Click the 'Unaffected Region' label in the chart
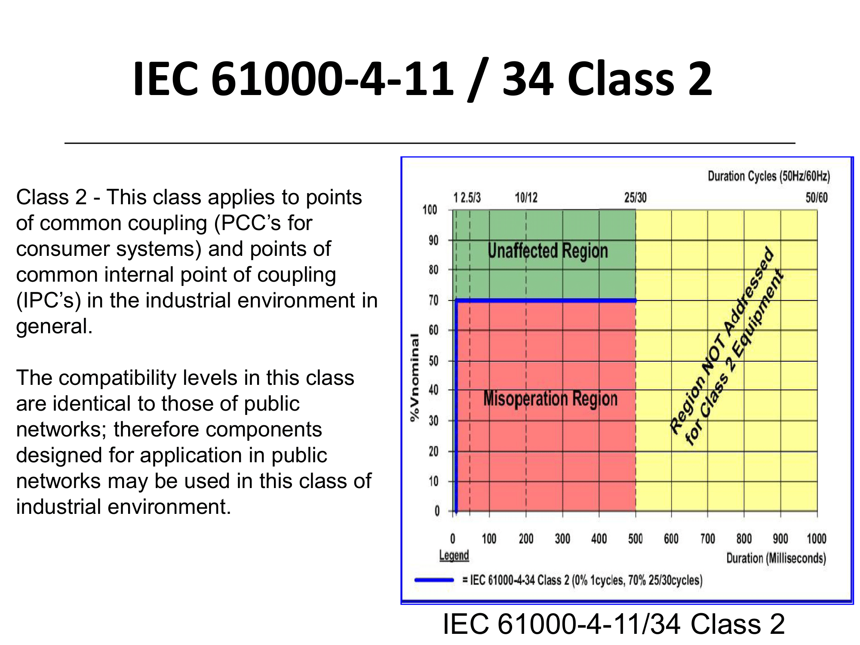[x=548, y=251]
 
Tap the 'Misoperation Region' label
[x=550, y=399]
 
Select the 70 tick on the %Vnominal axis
[x=433, y=300]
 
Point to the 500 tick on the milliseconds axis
[x=635, y=539]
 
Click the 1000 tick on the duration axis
[x=817, y=539]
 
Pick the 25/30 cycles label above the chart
[x=635, y=197]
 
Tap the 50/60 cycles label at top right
[x=817, y=197]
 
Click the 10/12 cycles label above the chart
[x=526, y=197]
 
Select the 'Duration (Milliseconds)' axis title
[x=776, y=558]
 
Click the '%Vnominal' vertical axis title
[x=415, y=378]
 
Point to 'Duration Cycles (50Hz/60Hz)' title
[x=769, y=176]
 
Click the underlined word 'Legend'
[x=454, y=555]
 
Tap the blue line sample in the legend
[x=434, y=580]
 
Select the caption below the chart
[x=614, y=624]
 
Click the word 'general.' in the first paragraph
[x=54, y=326]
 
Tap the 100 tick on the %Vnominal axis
[x=430, y=210]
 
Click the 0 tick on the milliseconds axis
[x=452, y=539]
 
